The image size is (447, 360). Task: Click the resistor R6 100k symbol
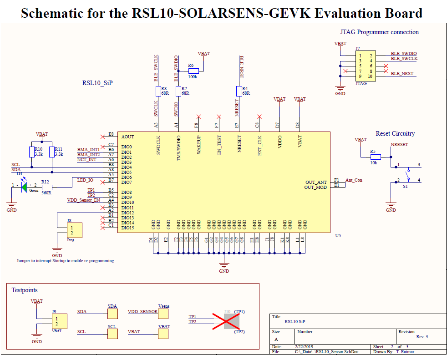pos(193,71)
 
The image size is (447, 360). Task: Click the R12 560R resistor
pos(46,187)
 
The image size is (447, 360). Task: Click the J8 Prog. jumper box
pos(74,230)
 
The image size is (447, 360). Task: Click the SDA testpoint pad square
pos(112,314)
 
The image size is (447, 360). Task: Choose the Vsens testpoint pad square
pos(163,314)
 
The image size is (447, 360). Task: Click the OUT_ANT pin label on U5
pos(316,183)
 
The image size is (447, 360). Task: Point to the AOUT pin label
pos(128,137)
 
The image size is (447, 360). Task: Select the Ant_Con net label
pos(354,180)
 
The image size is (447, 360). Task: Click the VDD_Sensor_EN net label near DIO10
pos(84,200)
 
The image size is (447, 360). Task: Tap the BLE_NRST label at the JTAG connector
pos(402,73)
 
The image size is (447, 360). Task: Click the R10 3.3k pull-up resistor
pos(31,152)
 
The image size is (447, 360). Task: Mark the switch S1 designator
pos(405,187)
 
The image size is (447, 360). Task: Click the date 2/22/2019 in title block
pos(305,346)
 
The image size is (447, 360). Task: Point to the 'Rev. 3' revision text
pos(422,337)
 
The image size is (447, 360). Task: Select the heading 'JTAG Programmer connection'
pos(379,32)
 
